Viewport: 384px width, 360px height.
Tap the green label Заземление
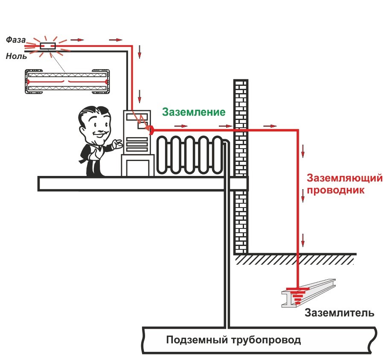tap(193, 112)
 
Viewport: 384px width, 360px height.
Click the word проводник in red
tap(335, 190)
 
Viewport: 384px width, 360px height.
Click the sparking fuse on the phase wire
tap(47, 46)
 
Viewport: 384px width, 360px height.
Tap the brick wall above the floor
tap(241, 111)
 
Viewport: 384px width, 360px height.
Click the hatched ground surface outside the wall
tap(294, 259)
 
